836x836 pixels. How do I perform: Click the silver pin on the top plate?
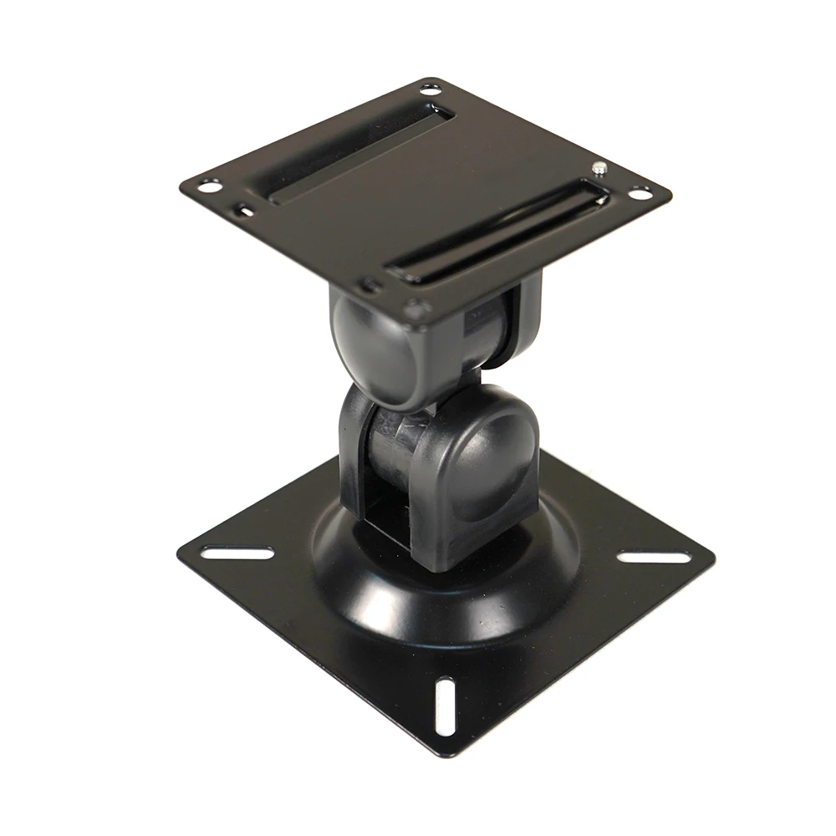pyautogui.click(x=600, y=168)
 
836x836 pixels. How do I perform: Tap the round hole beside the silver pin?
pyautogui.click(x=639, y=193)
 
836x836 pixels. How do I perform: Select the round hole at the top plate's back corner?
pyautogui.click(x=431, y=88)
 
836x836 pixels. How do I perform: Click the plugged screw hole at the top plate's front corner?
pyautogui.click(x=412, y=307)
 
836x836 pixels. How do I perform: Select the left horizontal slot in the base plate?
pyautogui.click(x=237, y=553)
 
